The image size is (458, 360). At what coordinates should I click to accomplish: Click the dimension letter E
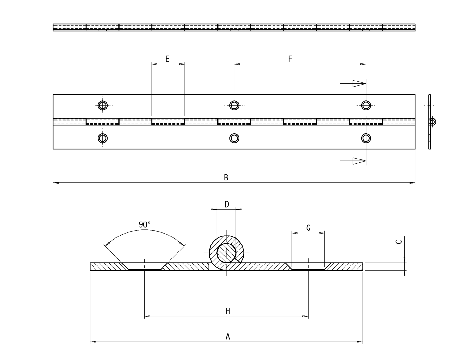(167, 59)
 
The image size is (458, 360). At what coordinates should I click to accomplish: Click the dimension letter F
(290, 59)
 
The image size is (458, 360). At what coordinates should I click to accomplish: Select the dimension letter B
(226, 178)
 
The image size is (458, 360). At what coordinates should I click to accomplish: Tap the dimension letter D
(227, 204)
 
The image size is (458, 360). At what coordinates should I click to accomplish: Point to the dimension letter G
(308, 228)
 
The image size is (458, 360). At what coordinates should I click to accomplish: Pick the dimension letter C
(399, 242)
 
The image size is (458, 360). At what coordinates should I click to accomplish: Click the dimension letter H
(228, 311)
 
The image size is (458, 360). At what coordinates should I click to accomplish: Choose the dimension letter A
(228, 336)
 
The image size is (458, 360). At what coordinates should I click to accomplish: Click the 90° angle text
(145, 225)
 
